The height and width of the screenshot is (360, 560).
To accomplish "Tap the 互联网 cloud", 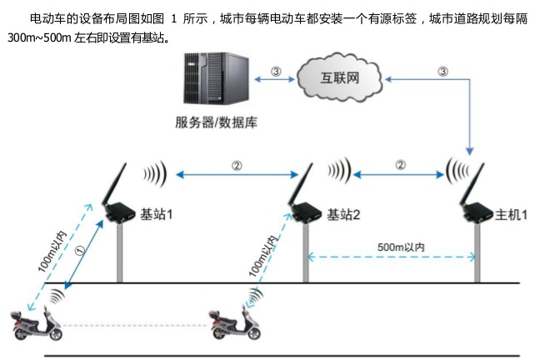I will tap(339, 77).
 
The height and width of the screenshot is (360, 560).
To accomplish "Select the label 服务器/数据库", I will tap(216, 122).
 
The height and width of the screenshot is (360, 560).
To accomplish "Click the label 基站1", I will tap(157, 214).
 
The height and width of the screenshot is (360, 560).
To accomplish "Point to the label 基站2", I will tap(344, 214).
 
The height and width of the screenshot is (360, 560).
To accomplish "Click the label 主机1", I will tap(512, 214).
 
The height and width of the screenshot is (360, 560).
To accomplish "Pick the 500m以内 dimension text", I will tap(401, 247).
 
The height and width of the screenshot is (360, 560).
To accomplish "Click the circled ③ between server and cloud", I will tap(276, 71).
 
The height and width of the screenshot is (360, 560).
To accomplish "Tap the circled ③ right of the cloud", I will tap(442, 71).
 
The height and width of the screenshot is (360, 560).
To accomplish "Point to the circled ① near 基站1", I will tap(80, 247).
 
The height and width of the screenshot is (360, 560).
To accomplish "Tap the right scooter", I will tap(237, 324).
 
